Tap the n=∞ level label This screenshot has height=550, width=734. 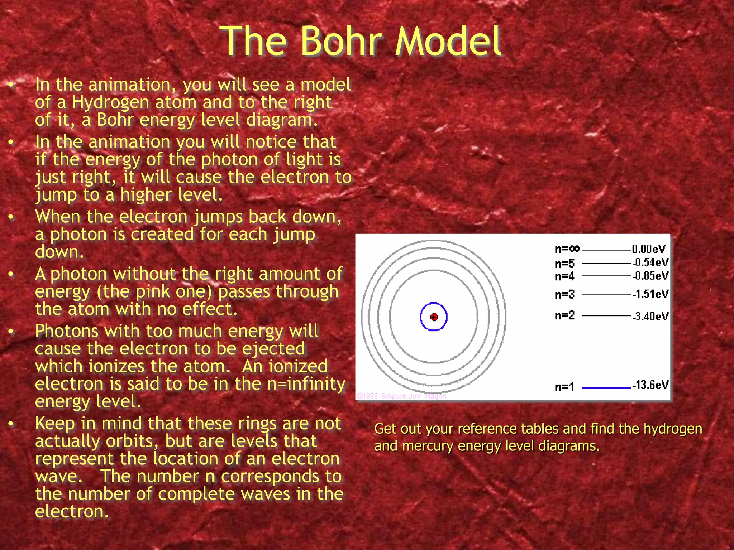tap(567, 249)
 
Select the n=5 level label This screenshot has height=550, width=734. tap(564, 264)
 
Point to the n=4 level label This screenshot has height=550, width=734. tap(564, 276)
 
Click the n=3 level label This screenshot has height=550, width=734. tap(564, 295)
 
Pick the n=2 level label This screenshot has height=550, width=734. tap(564, 315)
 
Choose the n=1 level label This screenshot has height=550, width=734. tap(564, 387)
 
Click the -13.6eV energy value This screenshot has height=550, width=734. tap(650, 385)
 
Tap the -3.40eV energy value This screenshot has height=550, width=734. tap(650, 317)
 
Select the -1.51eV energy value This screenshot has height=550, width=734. tap(650, 294)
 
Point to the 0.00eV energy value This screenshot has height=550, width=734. tap(649, 249)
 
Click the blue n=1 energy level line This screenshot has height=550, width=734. tap(606, 387)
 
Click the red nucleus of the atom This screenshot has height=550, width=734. tap(434, 317)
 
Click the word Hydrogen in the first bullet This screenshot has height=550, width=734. tap(110, 102)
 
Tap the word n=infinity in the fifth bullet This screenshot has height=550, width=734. tap(306, 384)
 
